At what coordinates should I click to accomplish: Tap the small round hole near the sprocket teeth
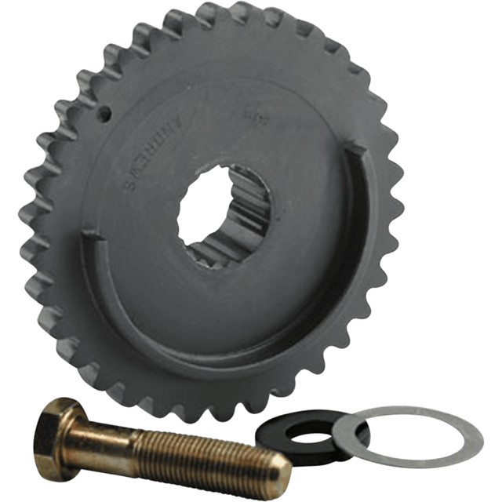[x=104, y=113]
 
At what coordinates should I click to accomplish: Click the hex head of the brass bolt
[x=59, y=424]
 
